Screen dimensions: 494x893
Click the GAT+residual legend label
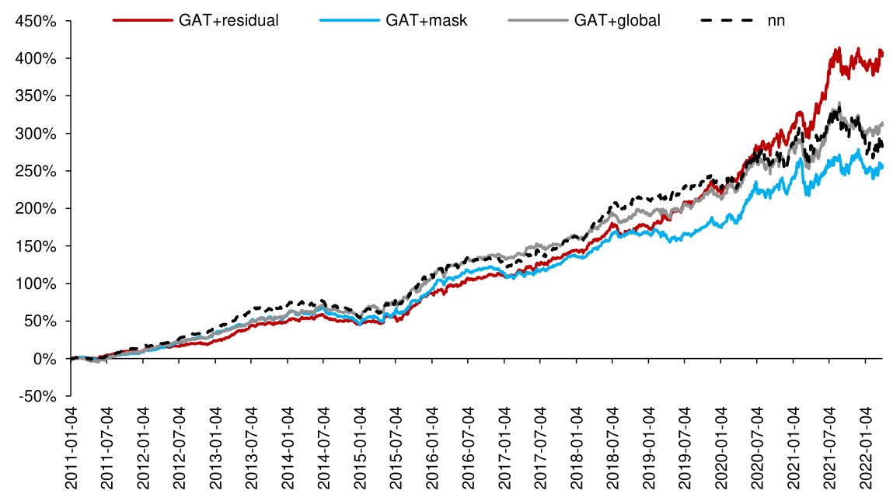click(228, 20)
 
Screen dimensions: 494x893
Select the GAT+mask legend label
click(427, 20)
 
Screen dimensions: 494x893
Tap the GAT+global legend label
click(617, 20)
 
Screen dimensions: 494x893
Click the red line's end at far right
click(883, 53)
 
